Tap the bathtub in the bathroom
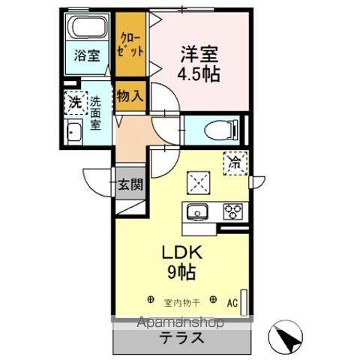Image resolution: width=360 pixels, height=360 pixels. pyautogui.click(x=86, y=28)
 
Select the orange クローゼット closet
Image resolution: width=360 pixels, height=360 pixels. pyautogui.click(x=132, y=44)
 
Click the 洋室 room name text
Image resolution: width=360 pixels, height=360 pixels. pyautogui.click(x=199, y=54)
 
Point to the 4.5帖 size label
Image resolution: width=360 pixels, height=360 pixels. pyautogui.click(x=199, y=75)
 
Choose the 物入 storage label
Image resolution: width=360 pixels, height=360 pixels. pyautogui.click(x=130, y=95)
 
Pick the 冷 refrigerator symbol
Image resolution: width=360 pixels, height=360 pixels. pyautogui.click(x=235, y=160)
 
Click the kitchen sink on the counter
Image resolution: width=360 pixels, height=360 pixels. pyautogui.click(x=198, y=211)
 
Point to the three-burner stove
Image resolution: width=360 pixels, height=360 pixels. pyautogui.click(x=234, y=211)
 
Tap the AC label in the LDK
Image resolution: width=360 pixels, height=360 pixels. pyautogui.click(x=233, y=302)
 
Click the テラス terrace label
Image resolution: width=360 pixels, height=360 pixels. pyautogui.click(x=181, y=337)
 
